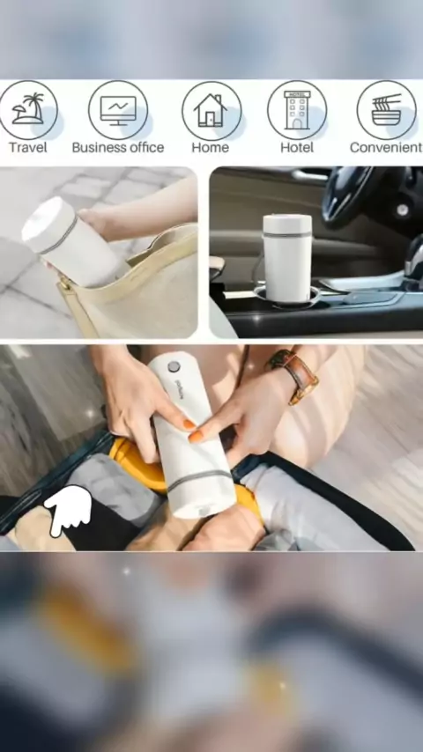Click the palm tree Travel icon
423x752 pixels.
tap(28, 110)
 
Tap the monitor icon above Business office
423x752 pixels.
tap(118, 110)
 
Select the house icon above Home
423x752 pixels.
tap(211, 110)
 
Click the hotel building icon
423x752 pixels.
tap(297, 110)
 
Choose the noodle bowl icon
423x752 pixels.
tap(387, 110)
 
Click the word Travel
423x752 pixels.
tap(28, 147)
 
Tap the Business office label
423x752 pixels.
tap(118, 147)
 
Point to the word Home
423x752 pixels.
tap(211, 147)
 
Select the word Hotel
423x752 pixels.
tap(297, 147)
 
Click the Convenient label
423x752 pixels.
tap(386, 147)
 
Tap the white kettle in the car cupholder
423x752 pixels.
tap(287, 258)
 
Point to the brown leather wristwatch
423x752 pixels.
tap(293, 375)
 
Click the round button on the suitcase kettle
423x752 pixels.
tap(174, 366)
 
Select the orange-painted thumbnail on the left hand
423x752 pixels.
tap(189, 424)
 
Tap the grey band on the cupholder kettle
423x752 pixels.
tap(287, 234)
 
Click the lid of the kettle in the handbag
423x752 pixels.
tap(46, 219)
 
